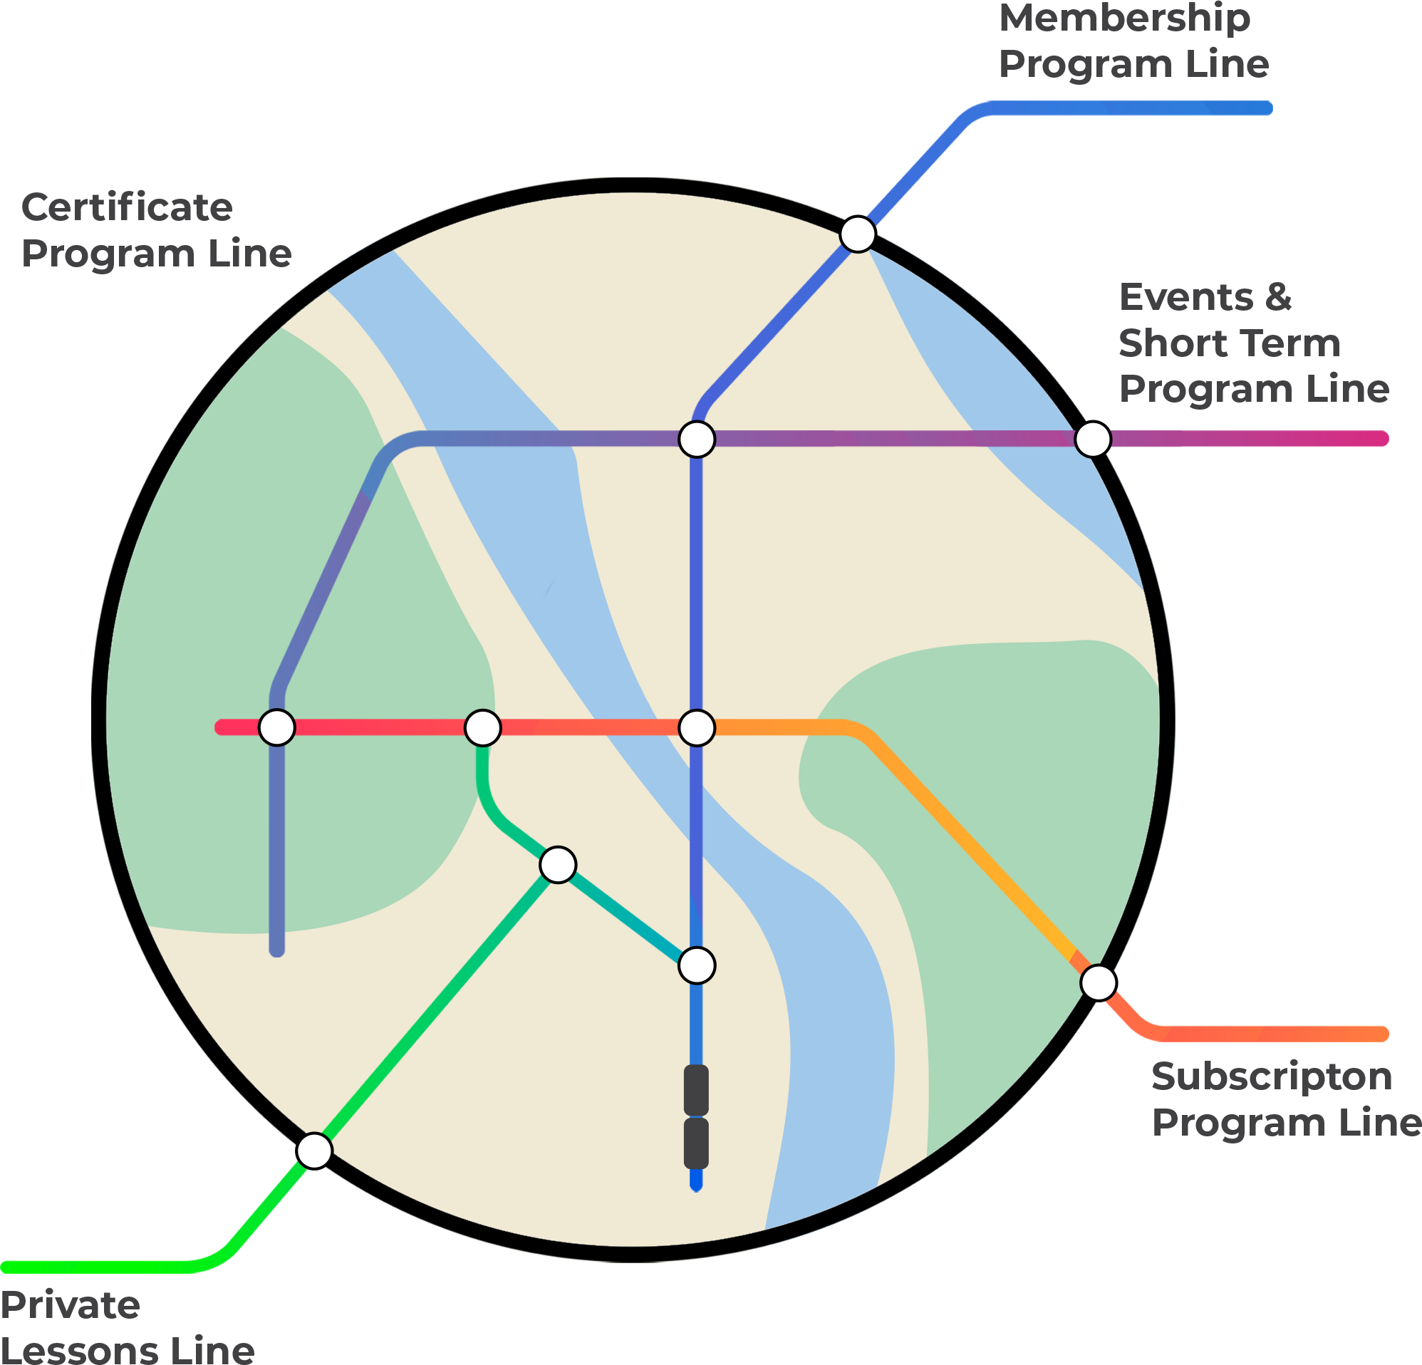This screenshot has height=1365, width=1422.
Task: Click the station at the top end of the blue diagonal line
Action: [858, 234]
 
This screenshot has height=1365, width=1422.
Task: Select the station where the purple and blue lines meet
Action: [697, 439]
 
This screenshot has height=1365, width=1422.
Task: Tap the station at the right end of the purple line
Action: [1093, 439]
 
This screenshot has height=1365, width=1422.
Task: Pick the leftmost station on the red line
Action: [277, 727]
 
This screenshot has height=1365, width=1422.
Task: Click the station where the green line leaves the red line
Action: [482, 727]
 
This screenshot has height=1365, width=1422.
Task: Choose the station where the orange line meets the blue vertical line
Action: [697, 727]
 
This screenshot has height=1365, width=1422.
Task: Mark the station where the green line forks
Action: [558, 864]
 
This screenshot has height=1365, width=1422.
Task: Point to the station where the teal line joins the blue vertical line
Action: [697, 965]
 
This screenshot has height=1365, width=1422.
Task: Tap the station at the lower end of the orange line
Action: [1099, 982]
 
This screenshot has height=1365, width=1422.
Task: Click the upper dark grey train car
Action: [697, 1090]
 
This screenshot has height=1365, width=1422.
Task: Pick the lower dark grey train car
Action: [697, 1143]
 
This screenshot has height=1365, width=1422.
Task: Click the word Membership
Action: [1125, 19]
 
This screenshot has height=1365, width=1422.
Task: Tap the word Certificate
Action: [128, 208]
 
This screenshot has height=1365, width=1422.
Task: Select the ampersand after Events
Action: [1278, 299]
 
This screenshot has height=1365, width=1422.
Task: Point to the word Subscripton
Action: [1272, 1077]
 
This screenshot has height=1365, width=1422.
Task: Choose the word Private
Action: [71, 1306]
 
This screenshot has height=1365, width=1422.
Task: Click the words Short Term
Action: [1229, 343]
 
